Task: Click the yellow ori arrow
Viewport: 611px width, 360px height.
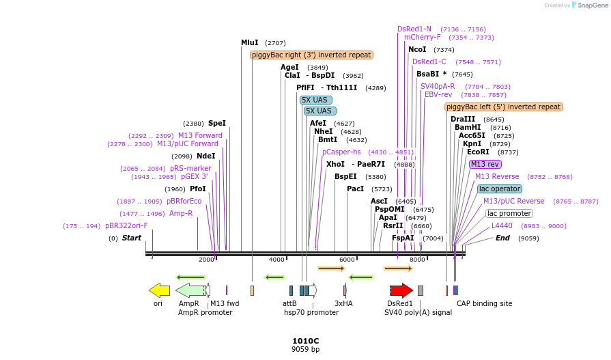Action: (159, 290)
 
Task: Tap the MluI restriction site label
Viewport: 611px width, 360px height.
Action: (250, 42)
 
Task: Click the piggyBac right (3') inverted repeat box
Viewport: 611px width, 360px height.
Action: (311, 55)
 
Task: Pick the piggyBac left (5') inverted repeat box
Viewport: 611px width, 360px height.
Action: (504, 107)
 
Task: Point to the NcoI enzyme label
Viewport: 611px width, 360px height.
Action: (417, 49)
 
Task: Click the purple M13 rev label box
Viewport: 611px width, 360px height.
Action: (485, 164)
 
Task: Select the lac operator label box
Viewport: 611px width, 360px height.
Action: (500, 189)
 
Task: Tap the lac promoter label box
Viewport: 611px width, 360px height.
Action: (509, 213)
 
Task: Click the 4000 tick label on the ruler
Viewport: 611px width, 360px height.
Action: (276, 260)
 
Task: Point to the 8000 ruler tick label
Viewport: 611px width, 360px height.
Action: (416, 260)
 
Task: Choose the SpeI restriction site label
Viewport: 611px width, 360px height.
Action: (216, 123)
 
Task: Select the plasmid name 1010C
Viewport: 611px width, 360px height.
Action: (305, 340)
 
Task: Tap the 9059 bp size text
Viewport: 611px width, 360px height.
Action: (305, 349)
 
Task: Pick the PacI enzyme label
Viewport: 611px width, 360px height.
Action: (355, 189)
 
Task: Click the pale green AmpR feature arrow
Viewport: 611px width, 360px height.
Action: (190, 290)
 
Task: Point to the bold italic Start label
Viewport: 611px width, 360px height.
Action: (132, 238)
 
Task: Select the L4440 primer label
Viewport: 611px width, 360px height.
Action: (502, 225)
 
